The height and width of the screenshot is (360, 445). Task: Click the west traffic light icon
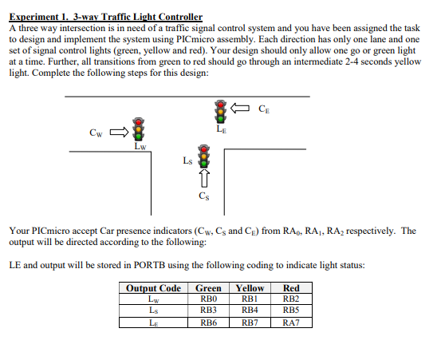click(x=140, y=129)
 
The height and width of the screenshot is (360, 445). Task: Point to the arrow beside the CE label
click(x=242, y=108)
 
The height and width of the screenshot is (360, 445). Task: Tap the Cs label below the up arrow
click(x=204, y=196)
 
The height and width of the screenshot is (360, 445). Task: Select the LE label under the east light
click(x=220, y=127)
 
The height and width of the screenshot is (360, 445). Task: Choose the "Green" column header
click(x=208, y=288)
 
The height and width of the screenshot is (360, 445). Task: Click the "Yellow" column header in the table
click(x=250, y=288)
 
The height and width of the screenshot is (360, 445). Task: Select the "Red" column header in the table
click(x=291, y=288)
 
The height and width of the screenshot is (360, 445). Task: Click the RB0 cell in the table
click(x=208, y=299)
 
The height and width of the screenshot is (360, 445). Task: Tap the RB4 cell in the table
click(x=250, y=311)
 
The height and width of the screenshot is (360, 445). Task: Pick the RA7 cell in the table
click(x=291, y=322)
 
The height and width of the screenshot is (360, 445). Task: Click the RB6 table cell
click(x=208, y=322)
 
